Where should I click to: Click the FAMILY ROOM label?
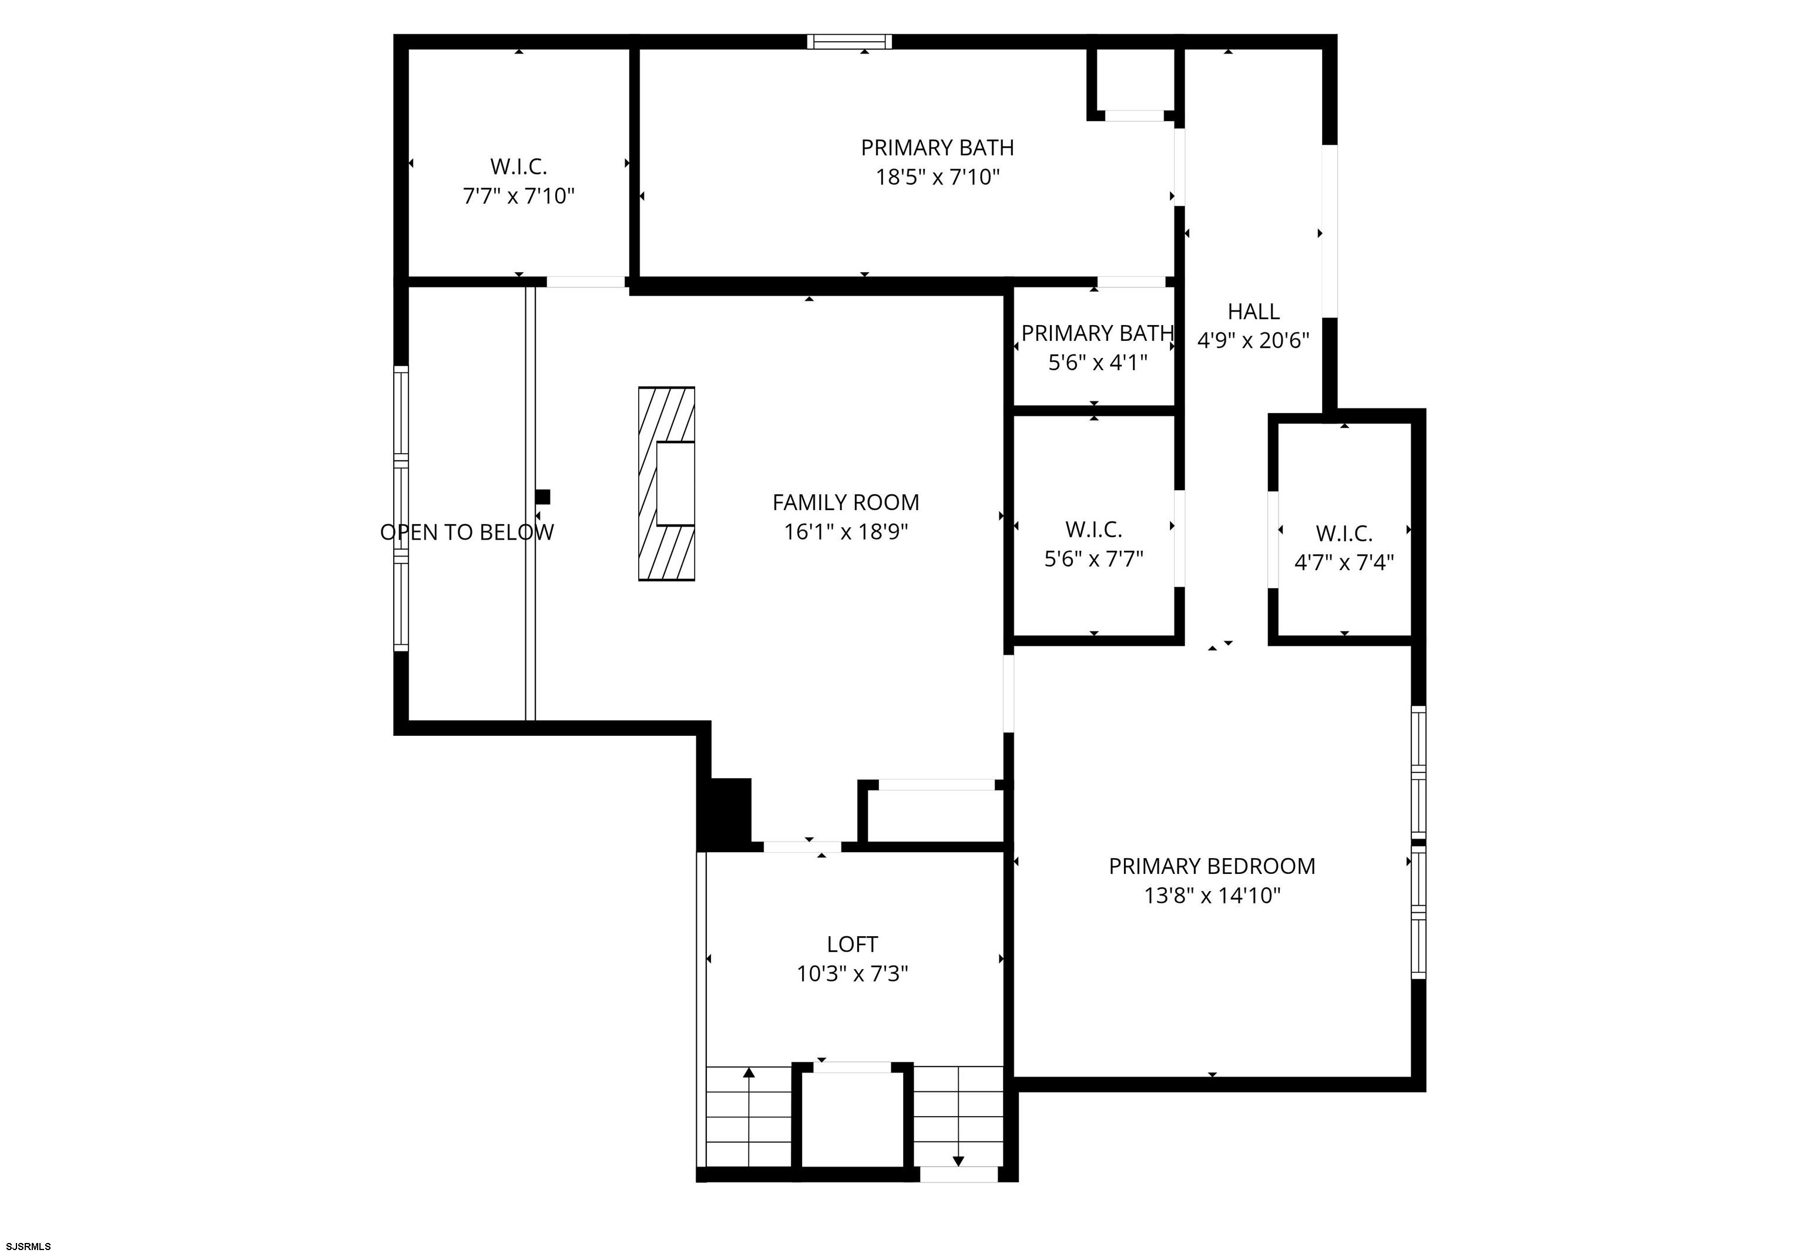[x=845, y=502]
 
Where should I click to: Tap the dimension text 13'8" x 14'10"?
[x=1212, y=896]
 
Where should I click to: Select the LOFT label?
[x=853, y=944]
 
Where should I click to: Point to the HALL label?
[x=1253, y=311]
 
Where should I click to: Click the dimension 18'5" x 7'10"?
[x=937, y=177]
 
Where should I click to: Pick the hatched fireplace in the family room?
[x=666, y=484]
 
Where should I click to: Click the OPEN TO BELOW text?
[x=467, y=532]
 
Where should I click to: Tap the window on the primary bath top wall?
[x=850, y=42]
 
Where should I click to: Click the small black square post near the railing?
[x=542, y=497]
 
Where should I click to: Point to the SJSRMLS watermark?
[x=26, y=1246]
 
